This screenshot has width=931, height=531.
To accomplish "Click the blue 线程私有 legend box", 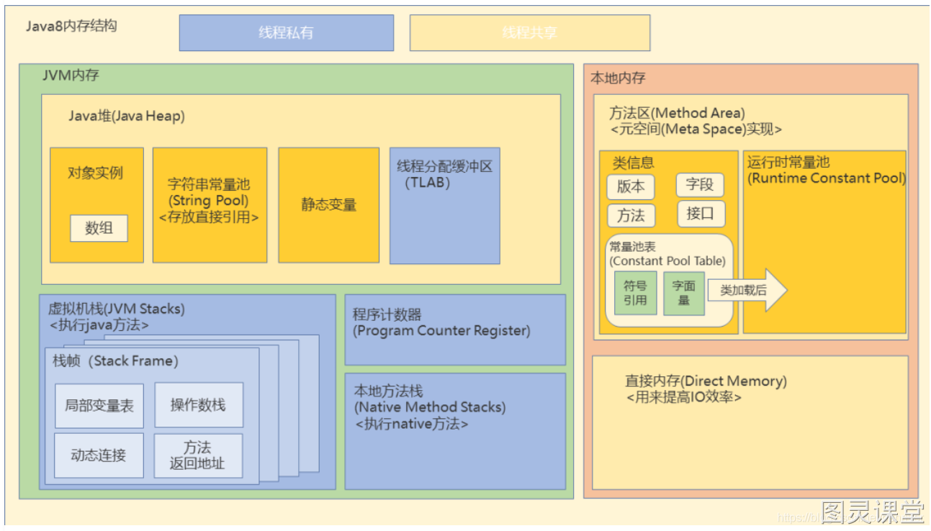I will tap(286, 33).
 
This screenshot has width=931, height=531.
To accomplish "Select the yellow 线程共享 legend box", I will tap(529, 33).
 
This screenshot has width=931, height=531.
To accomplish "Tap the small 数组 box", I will tap(99, 229).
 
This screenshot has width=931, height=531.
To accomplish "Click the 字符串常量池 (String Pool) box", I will tap(210, 205).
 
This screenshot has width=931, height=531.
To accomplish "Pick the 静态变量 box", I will tap(328, 205).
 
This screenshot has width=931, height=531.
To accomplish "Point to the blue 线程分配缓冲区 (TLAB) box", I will tap(444, 206).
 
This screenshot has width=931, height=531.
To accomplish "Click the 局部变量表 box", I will tap(99, 406).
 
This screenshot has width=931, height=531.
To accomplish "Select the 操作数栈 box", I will tap(198, 406).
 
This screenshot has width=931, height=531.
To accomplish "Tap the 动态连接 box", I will tap(99, 455).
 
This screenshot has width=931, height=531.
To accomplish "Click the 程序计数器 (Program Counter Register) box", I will tap(454, 330).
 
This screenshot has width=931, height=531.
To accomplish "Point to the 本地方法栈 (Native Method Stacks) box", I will tap(454, 430).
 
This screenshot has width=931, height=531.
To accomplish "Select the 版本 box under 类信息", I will tap(630, 186).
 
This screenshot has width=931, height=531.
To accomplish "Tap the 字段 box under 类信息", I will tap(699, 185).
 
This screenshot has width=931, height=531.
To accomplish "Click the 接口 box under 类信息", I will tap(700, 214).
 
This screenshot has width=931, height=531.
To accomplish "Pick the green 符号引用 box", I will tap(635, 293).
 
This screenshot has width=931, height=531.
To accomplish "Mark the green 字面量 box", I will tap(683, 293).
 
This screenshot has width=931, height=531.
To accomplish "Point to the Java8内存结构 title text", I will tap(71, 27).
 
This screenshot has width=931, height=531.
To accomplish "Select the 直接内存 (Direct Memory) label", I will tap(706, 381).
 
